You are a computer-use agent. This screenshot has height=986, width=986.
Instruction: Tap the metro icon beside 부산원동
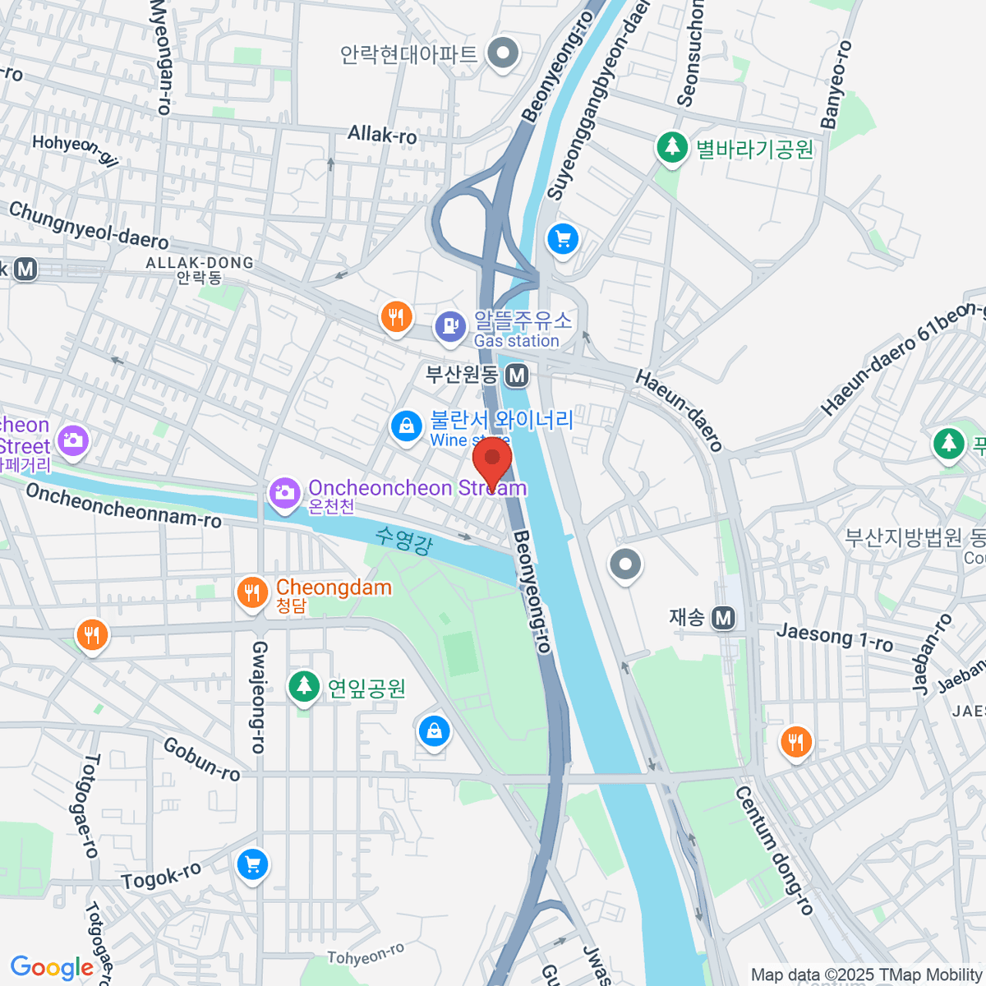coord(517,376)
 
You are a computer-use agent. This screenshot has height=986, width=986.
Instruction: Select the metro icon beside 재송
coord(723,617)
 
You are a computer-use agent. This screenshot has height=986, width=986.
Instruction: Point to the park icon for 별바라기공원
coord(672,149)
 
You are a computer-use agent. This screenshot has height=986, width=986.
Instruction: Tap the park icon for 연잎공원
coord(304,686)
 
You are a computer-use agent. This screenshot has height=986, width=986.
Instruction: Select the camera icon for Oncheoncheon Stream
coord(284,493)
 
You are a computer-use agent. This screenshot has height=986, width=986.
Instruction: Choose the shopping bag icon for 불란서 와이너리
coord(406,426)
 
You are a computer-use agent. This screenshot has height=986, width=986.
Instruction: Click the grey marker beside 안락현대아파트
coord(503,54)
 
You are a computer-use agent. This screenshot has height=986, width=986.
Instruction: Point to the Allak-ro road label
coord(382,134)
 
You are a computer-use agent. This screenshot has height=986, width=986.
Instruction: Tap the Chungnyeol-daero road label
coord(89,225)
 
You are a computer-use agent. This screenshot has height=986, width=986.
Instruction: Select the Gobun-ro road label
coord(201,759)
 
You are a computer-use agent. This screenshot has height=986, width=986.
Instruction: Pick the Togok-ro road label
coord(161,877)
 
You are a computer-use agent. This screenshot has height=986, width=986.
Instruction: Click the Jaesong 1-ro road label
coord(834,636)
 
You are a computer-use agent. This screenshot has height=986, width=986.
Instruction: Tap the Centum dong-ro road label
coord(773,850)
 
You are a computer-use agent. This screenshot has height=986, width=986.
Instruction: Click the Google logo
coord(52,967)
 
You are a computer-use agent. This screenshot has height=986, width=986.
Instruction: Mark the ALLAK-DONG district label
coord(200,263)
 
